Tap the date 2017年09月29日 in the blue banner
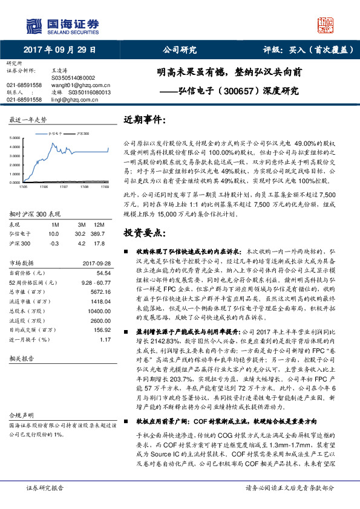(x=59, y=50)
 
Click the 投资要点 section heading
(x=145, y=232)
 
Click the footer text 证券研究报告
(x=45, y=487)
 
